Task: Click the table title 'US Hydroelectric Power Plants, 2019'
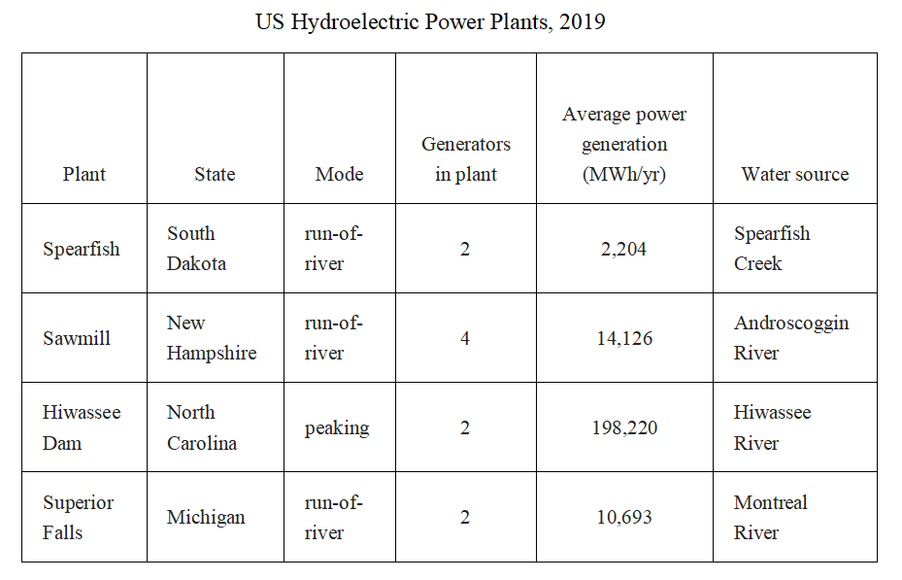coord(430,22)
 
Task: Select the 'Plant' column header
coord(84,174)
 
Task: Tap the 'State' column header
coord(215,174)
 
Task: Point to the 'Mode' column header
coord(339,174)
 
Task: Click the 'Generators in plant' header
coord(466,158)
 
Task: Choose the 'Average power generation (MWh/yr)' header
coord(624,144)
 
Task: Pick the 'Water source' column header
coord(795,174)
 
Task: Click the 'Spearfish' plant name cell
coord(82,249)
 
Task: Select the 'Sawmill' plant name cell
coord(77,338)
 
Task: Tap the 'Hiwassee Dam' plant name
coord(82,427)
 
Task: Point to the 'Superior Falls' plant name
coord(79,517)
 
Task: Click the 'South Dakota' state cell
coord(197,249)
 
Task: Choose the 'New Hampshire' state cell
coord(212,338)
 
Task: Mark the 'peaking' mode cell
coord(337,428)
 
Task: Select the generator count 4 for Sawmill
coord(465,338)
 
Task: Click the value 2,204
coord(623,249)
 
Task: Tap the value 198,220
coord(624,428)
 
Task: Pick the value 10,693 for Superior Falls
coord(624,517)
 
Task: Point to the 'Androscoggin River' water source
coord(791,338)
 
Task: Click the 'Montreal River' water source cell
coord(771,517)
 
